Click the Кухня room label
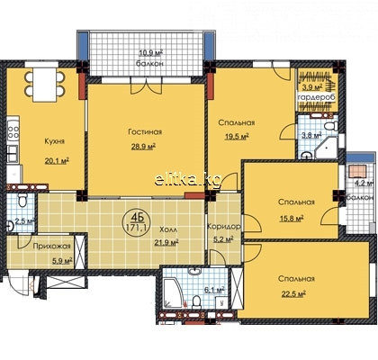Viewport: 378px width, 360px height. coord(54,141)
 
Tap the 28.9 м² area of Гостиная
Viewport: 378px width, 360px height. coord(143,147)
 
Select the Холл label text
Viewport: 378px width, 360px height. coord(168,229)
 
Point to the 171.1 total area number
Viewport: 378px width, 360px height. coord(137,227)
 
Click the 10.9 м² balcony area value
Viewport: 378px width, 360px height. coord(150,53)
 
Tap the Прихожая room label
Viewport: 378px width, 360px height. coord(51,247)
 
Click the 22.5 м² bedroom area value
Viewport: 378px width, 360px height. coord(293,293)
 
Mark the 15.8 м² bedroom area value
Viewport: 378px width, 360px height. coord(291,218)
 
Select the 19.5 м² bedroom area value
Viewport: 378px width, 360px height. coord(238,137)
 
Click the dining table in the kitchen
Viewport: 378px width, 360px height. coord(45,85)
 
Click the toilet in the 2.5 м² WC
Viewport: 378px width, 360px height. coord(22,200)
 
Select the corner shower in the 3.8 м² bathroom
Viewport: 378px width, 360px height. coord(327,148)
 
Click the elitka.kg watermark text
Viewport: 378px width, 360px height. coord(188,180)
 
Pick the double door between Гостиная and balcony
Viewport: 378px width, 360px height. coord(146,85)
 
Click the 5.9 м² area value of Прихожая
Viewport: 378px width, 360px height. coord(62,261)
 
